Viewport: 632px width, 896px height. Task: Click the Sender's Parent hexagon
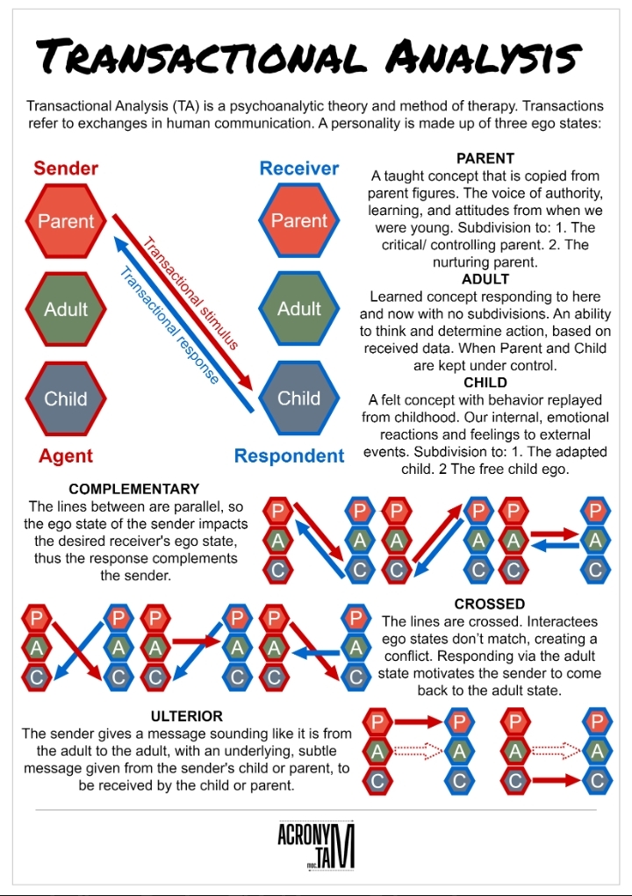click(66, 220)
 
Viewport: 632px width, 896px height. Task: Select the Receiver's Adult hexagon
click(299, 308)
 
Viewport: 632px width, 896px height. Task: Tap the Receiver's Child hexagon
click(299, 398)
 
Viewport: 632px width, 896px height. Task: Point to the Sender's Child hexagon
click(66, 398)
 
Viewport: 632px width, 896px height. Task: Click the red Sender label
click(66, 168)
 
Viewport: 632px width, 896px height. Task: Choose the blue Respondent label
click(289, 456)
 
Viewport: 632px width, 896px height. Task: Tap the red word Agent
click(66, 456)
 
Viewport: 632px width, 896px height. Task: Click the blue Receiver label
click(299, 168)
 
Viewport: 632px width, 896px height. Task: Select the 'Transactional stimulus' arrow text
click(190, 295)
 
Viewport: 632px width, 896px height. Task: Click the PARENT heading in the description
click(485, 159)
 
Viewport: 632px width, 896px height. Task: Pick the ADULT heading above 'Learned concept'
click(485, 280)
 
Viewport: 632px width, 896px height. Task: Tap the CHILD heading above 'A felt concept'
click(485, 383)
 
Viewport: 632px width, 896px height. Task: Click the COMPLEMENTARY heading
click(134, 489)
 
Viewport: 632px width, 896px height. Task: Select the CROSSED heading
click(490, 605)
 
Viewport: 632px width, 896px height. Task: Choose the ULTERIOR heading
click(186, 716)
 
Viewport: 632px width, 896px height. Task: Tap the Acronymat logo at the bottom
click(316, 846)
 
